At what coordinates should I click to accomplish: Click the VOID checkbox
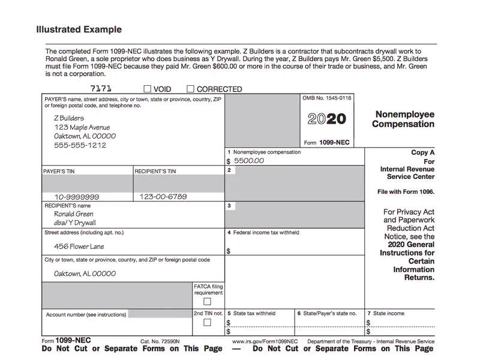coord(149,89)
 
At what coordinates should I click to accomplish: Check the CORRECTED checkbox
coord(191,89)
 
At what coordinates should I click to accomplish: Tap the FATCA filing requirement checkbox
coord(207,301)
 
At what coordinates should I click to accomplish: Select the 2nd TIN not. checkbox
coord(207,323)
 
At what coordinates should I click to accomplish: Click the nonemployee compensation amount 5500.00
coord(248,161)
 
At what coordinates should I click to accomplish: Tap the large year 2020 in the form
coord(326,119)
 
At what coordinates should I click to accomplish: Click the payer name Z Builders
coord(69,118)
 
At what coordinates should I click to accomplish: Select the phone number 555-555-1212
coord(80,145)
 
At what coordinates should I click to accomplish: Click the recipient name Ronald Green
coord(74,214)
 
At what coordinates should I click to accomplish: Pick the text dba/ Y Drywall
coord(75,223)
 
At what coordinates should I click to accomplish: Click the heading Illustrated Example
coord(79,29)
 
